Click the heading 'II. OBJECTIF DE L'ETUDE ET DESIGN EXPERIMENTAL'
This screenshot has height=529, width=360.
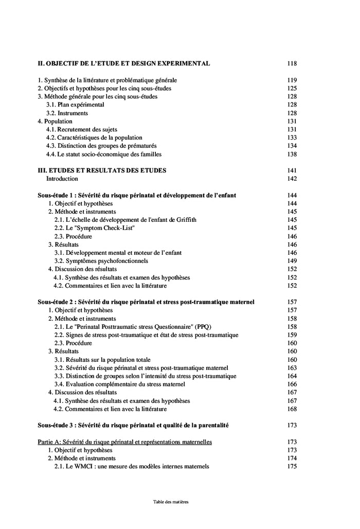(124, 63)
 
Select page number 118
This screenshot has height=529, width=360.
(292, 63)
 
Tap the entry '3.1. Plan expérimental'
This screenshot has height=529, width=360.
(75, 104)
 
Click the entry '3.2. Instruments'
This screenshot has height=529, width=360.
(67, 113)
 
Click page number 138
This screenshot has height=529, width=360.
(292, 154)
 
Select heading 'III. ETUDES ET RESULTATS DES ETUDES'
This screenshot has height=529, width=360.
(102, 170)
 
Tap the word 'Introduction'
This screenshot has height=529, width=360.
(62, 179)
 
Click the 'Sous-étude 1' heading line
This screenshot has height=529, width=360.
(137, 195)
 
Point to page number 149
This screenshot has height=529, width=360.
(292, 261)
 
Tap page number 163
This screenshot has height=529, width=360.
(292, 368)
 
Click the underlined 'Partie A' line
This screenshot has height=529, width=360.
(125, 442)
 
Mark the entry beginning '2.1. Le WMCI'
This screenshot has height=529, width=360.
(132, 467)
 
